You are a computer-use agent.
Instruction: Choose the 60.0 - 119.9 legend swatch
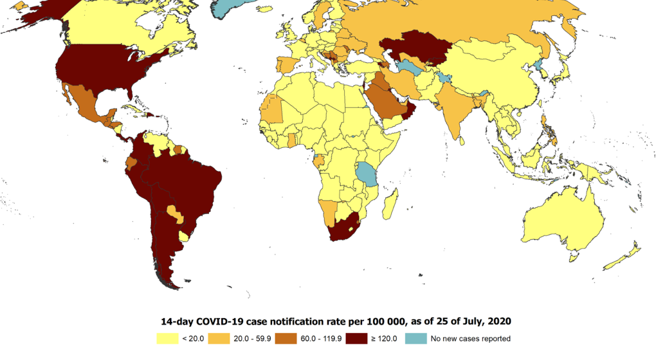(x=286, y=338)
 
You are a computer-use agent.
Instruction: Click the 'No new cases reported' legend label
(x=470, y=338)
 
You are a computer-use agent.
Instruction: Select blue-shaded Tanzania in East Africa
(x=367, y=173)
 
